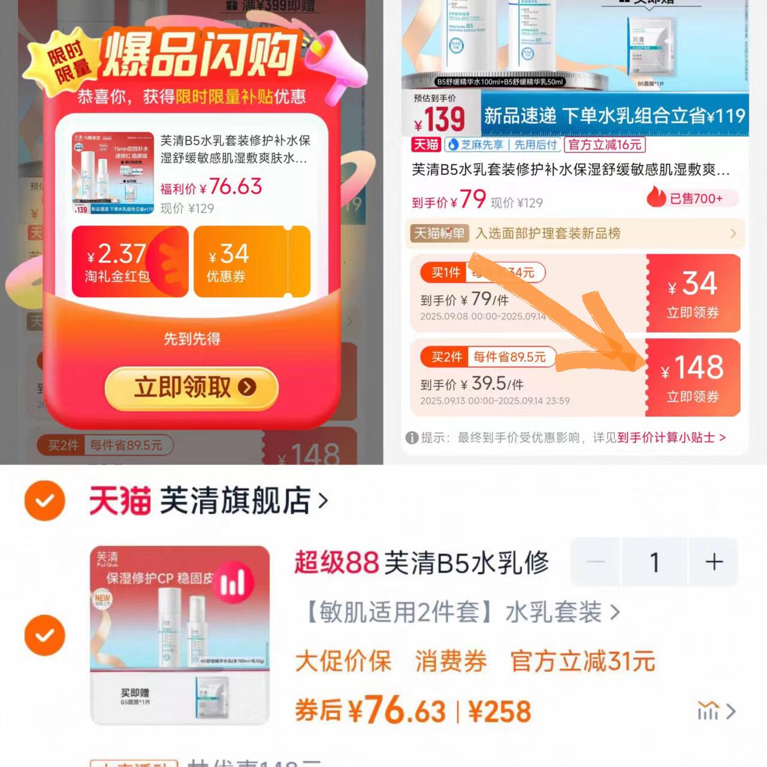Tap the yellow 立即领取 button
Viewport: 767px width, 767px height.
coord(192,388)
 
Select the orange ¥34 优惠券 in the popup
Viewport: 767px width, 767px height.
coord(252,262)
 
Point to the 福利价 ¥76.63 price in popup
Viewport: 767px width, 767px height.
coord(212,188)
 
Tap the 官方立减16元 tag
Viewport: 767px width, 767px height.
coord(605,145)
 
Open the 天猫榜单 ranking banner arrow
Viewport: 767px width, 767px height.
coord(732,234)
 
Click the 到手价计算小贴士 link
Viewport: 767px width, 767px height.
coord(671,437)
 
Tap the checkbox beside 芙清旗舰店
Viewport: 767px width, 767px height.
coord(45,500)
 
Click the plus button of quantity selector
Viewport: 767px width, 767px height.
coord(714,562)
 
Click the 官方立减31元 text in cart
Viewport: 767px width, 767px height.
coord(582,662)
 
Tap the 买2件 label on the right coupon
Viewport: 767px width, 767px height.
coord(446,357)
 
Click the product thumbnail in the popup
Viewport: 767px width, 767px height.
coord(113,173)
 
